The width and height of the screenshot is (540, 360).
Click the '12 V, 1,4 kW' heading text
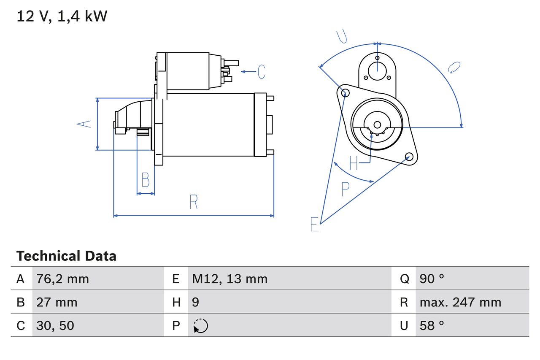pyautogui.click(x=62, y=16)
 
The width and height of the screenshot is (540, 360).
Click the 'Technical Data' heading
pyautogui.click(x=66, y=256)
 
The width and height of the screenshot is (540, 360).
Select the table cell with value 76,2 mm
pyautogui.click(x=62, y=279)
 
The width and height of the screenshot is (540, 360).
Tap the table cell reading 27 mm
pyautogui.click(x=57, y=302)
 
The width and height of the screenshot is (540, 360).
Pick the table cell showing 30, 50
pyautogui.click(x=55, y=325)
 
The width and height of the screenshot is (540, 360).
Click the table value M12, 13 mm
pyautogui.click(x=230, y=279)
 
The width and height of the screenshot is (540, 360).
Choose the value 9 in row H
pyautogui.click(x=196, y=302)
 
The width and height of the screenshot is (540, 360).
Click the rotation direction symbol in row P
pyautogui.click(x=200, y=326)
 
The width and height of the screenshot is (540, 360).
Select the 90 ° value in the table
pyautogui.click(x=432, y=279)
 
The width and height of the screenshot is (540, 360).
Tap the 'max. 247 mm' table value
pyautogui.click(x=460, y=302)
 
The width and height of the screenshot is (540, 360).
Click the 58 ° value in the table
pyautogui.click(x=432, y=325)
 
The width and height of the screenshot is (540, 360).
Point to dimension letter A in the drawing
pyautogui.click(x=84, y=124)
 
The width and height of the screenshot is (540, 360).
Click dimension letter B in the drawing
pyautogui.click(x=145, y=180)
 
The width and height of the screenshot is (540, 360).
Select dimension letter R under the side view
pyautogui.click(x=193, y=202)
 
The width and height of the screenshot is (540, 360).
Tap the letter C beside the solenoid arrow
pyautogui.click(x=262, y=72)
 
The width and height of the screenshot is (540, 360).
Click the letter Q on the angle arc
pyautogui.click(x=454, y=68)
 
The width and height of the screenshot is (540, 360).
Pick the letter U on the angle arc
pyautogui.click(x=342, y=37)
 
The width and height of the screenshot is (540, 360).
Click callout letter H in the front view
pyautogui.click(x=354, y=162)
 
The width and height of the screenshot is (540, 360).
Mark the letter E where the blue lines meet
pyautogui.click(x=314, y=224)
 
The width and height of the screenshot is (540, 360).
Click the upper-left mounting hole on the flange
pyautogui.click(x=345, y=93)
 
